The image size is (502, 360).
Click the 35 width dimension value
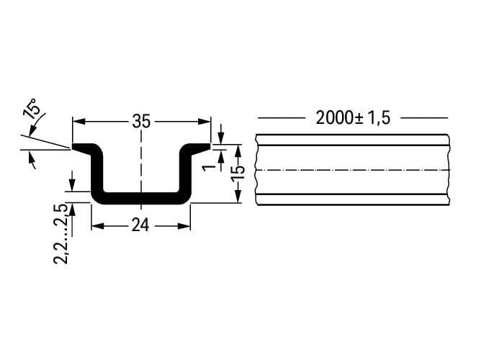(141, 122)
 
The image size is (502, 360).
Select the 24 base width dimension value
(140, 226)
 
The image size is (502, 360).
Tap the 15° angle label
(32, 109)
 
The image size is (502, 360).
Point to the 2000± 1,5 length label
(353, 118)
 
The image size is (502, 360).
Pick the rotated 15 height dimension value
(239, 174)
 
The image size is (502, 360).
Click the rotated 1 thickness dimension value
(210, 167)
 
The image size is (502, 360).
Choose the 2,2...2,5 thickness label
(60, 233)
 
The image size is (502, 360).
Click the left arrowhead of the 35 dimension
(79, 122)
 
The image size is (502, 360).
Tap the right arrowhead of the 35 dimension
(205, 122)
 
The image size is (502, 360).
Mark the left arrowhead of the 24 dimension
(98, 226)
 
